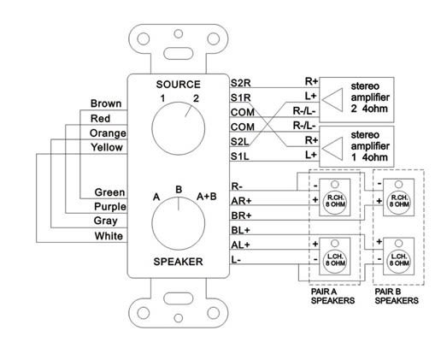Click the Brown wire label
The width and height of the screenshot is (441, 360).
coord(106,103)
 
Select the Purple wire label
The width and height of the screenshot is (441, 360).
coord(110,207)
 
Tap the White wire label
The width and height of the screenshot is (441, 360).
coord(109,236)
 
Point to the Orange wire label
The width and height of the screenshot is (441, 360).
coord(108,133)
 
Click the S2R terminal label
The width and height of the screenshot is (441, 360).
coord(241,83)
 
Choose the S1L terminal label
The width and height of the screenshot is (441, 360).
coord(240,156)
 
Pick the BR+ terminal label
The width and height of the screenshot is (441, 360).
coord(241,215)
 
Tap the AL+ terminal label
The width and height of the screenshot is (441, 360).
coord(241,245)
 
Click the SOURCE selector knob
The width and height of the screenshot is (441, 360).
coord(179,128)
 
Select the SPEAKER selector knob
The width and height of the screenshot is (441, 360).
coord(179,223)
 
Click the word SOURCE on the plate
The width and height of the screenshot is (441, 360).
coord(179,85)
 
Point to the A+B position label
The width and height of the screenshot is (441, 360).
coord(207,197)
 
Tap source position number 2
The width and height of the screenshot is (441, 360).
coord(196,98)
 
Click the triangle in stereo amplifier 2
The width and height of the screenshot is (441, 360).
coord(332,100)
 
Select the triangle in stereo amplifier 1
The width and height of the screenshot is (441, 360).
coord(332,149)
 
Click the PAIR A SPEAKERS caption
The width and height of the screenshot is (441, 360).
coord(332,296)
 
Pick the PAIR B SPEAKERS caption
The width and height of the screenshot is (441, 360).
coord(397,296)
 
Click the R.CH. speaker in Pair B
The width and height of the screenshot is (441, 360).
coord(398,198)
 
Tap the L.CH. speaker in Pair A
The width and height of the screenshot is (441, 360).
coord(335,257)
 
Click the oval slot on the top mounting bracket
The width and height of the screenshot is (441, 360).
coord(179,53)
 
